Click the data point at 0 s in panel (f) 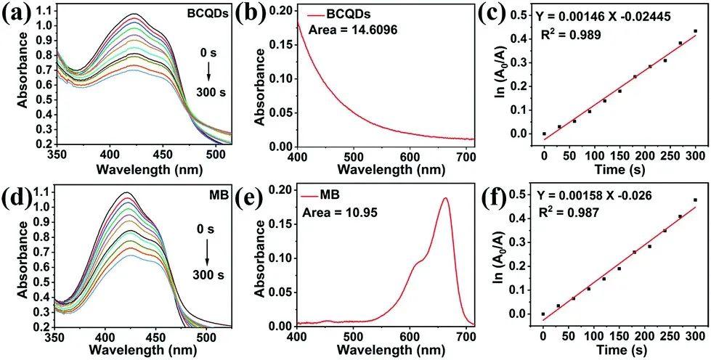click(x=543, y=314)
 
